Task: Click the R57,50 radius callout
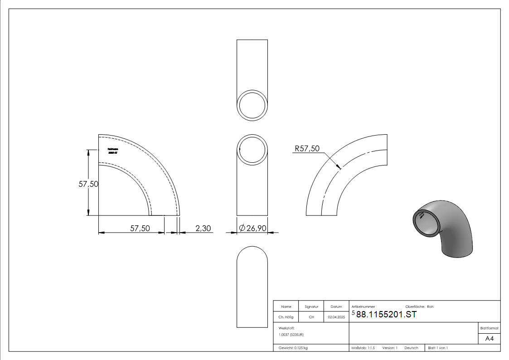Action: coord(307,148)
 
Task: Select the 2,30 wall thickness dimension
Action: coord(203,229)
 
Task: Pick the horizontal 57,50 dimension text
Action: coord(140,229)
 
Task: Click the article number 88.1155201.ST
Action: coord(386,315)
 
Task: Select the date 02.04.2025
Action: coord(336,317)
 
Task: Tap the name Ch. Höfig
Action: coord(286,317)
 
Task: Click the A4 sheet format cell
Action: coord(490,339)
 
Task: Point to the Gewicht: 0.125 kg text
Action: coord(293,348)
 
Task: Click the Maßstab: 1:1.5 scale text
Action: coord(363,348)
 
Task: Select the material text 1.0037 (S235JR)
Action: coord(291,335)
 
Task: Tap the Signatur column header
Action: coord(311,306)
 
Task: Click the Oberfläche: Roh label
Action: coord(419,307)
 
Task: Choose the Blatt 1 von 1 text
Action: coord(438,348)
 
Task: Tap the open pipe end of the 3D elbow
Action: coord(427,222)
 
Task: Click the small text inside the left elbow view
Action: coord(113,151)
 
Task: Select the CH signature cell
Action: coord(311,317)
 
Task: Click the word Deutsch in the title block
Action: coord(411,348)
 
